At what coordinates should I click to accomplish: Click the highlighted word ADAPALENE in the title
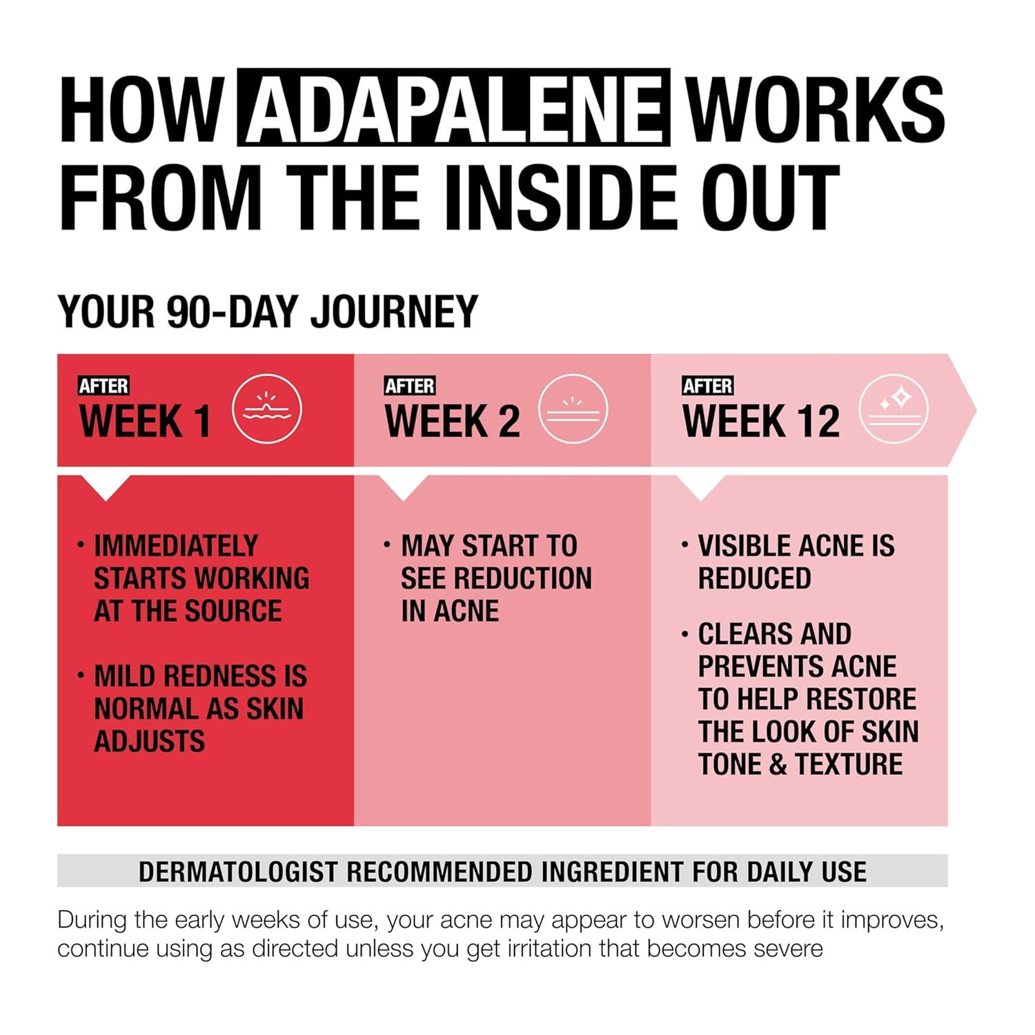point(453,108)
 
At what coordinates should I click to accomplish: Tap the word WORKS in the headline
point(816,108)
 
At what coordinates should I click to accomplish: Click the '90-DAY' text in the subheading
point(233,311)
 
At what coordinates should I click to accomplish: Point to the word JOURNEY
point(394,311)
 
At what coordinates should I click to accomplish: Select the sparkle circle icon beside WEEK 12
point(894,409)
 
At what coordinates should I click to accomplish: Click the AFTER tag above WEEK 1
point(104,386)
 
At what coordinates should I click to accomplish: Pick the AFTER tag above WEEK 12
point(707,386)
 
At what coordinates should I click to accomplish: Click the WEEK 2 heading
point(453,421)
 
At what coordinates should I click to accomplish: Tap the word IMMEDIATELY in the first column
point(176,546)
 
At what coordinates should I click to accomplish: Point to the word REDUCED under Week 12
point(755,578)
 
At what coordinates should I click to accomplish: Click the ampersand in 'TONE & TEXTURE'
point(778,765)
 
